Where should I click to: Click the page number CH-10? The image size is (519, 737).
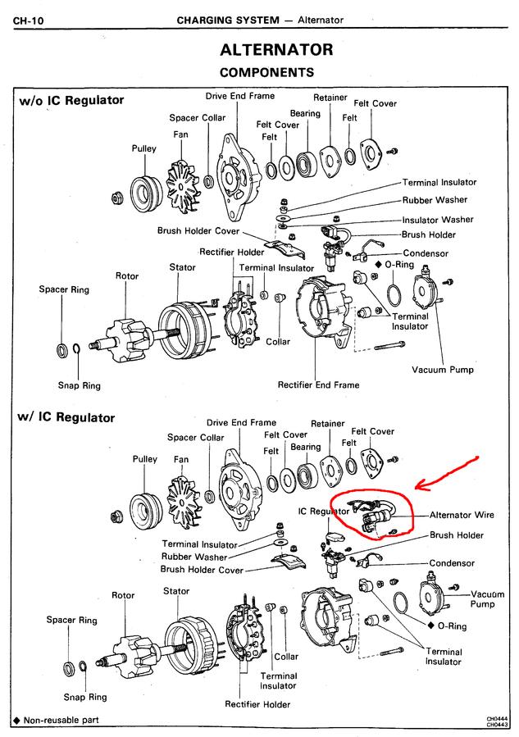click(29, 19)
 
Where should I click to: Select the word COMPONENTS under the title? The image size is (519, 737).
click(266, 73)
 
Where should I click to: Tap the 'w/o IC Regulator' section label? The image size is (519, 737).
click(71, 101)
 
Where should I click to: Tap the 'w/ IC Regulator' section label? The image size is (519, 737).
click(66, 417)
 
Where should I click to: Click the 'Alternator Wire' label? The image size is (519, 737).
click(462, 516)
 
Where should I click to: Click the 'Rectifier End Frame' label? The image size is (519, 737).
click(318, 384)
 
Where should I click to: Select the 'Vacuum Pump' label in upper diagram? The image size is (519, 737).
click(443, 370)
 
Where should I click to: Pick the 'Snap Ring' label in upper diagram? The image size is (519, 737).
click(79, 384)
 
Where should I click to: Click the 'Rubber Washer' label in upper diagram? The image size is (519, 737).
click(435, 200)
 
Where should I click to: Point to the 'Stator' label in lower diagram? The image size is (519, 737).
click(176, 591)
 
